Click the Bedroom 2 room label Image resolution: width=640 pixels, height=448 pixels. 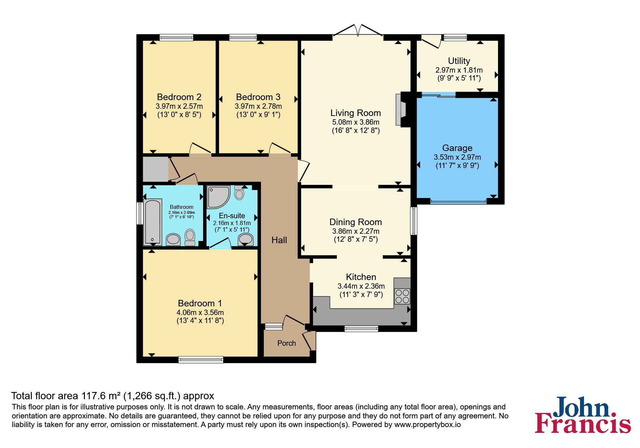click(179, 97)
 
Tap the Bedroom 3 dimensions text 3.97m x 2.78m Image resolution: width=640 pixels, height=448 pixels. click(258, 106)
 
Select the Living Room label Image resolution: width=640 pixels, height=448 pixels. click(356, 113)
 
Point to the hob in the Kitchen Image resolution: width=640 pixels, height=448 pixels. click(402, 296)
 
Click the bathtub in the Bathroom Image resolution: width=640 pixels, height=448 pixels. click(153, 221)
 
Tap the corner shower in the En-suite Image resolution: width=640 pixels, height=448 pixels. click(218, 197)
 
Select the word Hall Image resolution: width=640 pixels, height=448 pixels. click(279, 240)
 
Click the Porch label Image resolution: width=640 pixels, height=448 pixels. click(287, 343)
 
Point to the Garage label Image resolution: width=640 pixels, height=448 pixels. click(457, 148)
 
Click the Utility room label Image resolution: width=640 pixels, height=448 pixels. click(459, 61)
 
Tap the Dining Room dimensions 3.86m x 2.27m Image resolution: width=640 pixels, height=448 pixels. click(356, 231)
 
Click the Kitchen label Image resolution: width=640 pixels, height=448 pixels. click(361, 277)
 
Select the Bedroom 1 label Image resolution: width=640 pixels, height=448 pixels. click(200, 303)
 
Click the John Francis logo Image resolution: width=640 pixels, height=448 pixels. click(583, 415)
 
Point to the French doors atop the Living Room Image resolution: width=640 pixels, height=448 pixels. click(358, 30)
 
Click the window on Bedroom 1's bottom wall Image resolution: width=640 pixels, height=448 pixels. click(201, 359)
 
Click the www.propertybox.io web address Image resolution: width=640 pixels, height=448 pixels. click(428, 425)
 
